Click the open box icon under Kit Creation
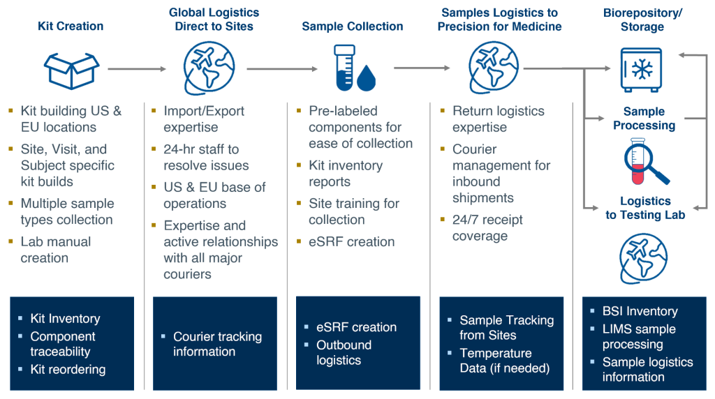coord(71,68)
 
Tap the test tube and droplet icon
coord(353,67)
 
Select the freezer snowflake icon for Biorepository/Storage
coord(640,69)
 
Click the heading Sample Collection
coord(353,27)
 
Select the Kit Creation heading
coord(71,27)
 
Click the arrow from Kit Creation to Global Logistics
coord(137,68)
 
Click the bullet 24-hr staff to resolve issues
coord(206,158)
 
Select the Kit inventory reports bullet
coord(345,174)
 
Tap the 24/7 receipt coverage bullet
coord(487,228)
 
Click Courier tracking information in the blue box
coord(217,344)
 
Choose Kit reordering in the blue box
coord(68,369)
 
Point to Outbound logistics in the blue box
coord(344,353)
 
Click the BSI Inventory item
coord(640,311)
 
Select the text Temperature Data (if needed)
coord(505,361)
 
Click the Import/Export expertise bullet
coord(204,119)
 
